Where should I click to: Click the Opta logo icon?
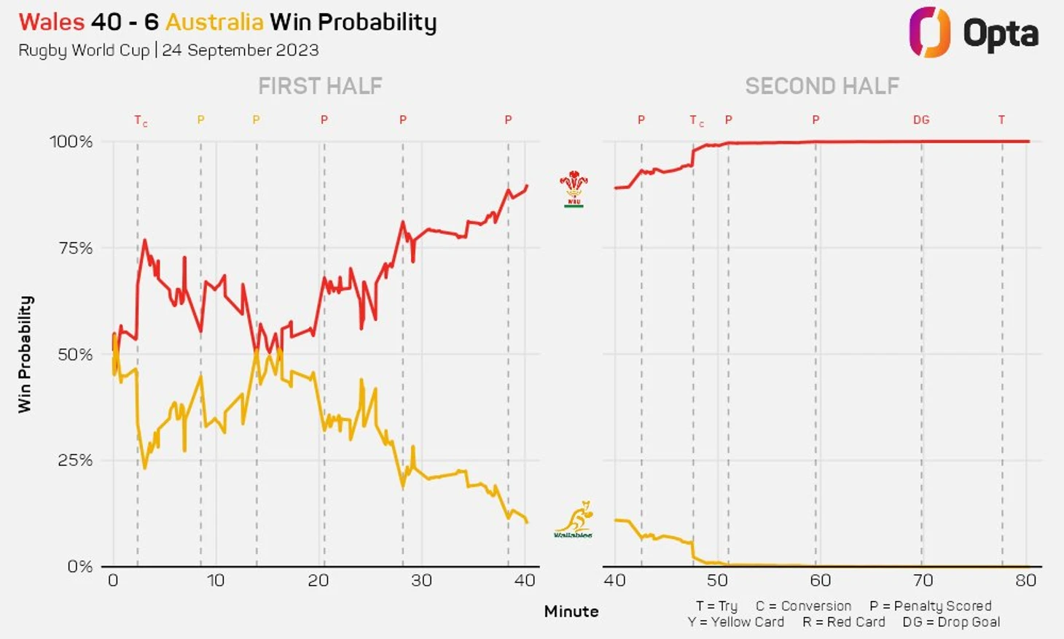coord(929,32)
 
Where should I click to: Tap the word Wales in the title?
coord(51,22)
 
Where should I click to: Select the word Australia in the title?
coord(214,22)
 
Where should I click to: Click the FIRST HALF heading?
coord(320,86)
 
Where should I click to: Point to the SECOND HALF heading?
coord(821,86)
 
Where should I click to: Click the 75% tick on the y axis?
coord(76,248)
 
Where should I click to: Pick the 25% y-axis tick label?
coord(76,460)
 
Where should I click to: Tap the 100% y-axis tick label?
coord(71,142)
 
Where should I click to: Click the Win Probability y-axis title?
coord(25,355)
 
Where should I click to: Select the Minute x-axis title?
coord(571,611)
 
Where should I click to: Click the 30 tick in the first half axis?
coord(421,581)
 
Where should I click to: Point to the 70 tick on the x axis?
coord(923,581)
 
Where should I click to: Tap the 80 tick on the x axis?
coord(1025,581)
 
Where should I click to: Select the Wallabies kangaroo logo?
coord(574,519)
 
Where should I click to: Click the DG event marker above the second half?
coord(921,120)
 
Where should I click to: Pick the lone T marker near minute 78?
coord(1001,120)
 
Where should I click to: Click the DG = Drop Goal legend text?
coord(951,622)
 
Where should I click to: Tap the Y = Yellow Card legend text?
coord(735,622)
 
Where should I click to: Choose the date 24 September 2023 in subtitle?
coord(240,50)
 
